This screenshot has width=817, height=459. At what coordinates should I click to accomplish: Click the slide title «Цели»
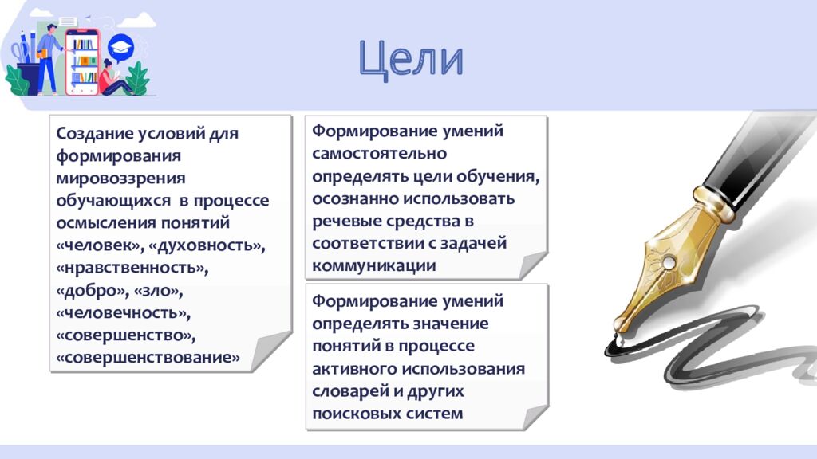[410, 61]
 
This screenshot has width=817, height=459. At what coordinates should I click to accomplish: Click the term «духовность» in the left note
[208, 245]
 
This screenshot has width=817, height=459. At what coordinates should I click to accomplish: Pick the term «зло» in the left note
[163, 290]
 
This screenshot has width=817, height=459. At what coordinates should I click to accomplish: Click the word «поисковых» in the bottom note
[356, 414]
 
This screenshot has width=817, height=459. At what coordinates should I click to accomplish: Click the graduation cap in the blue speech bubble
[120, 47]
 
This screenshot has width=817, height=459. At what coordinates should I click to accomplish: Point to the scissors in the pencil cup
[19, 51]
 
